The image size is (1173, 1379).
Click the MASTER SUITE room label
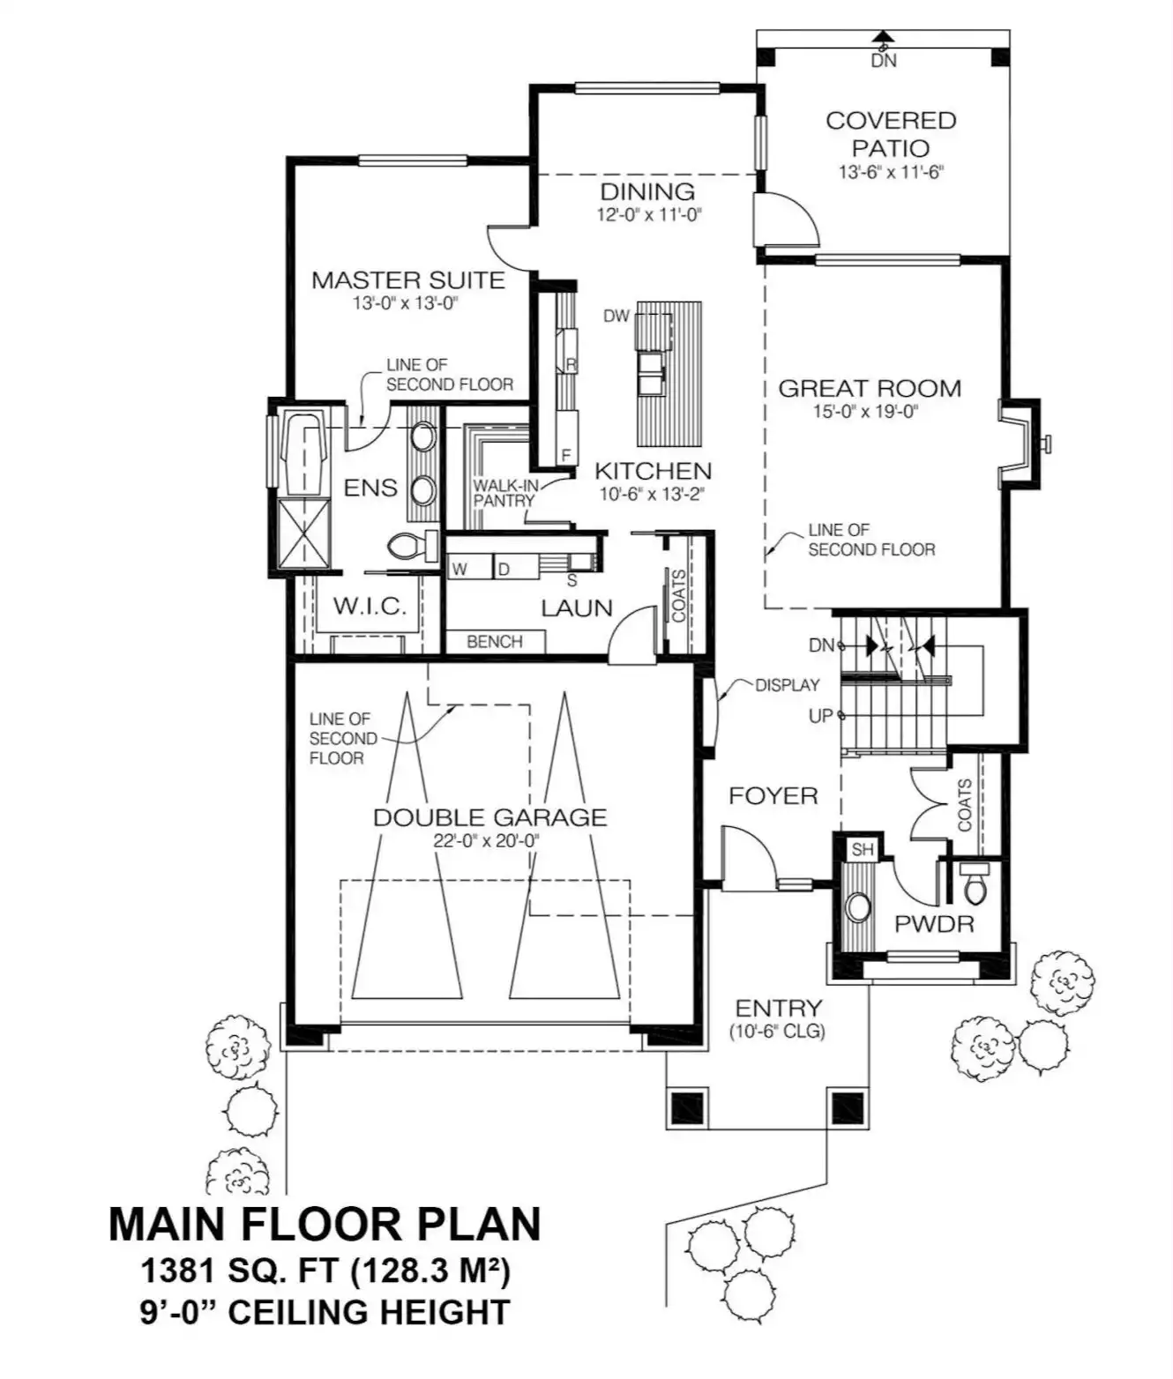coord(408,280)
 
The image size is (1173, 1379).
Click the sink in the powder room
coord(857,907)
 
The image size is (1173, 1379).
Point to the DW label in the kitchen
coord(616,316)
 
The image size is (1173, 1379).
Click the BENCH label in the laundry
coord(495,642)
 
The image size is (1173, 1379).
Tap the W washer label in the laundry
coord(459,570)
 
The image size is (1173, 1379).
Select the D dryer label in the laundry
coord(504,570)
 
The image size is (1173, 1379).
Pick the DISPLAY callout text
coord(788,685)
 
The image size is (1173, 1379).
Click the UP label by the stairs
coord(821,716)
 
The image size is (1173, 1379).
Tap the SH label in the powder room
coord(863,849)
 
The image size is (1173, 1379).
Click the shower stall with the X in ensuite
coord(303,533)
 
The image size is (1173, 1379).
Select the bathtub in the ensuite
coord(304,453)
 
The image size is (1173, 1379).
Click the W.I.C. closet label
coord(370,607)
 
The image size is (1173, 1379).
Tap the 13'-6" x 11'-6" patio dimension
coord(891,172)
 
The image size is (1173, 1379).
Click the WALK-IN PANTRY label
coord(505,493)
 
